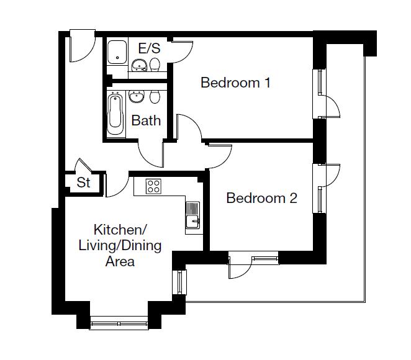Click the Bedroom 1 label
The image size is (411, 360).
coord(235,83)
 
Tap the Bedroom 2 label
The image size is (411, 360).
coord(261,198)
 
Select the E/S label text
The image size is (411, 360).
coord(149,48)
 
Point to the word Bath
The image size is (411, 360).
coord(146,120)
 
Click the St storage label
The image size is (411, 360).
coord(83,182)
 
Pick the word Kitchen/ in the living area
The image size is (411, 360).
coord(120,230)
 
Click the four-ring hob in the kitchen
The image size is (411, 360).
coord(153,186)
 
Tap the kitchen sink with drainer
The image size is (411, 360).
coord(192,215)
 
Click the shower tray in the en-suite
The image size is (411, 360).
coord(117,52)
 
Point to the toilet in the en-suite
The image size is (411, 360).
coord(155,65)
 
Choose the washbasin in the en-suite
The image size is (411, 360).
coord(139,65)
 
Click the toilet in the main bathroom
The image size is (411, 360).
coord(155,97)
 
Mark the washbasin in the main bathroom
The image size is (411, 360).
coord(137,96)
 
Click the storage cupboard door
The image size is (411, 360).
coord(83,166)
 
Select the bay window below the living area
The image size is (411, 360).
coord(119,323)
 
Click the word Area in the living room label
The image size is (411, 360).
coord(120,261)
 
